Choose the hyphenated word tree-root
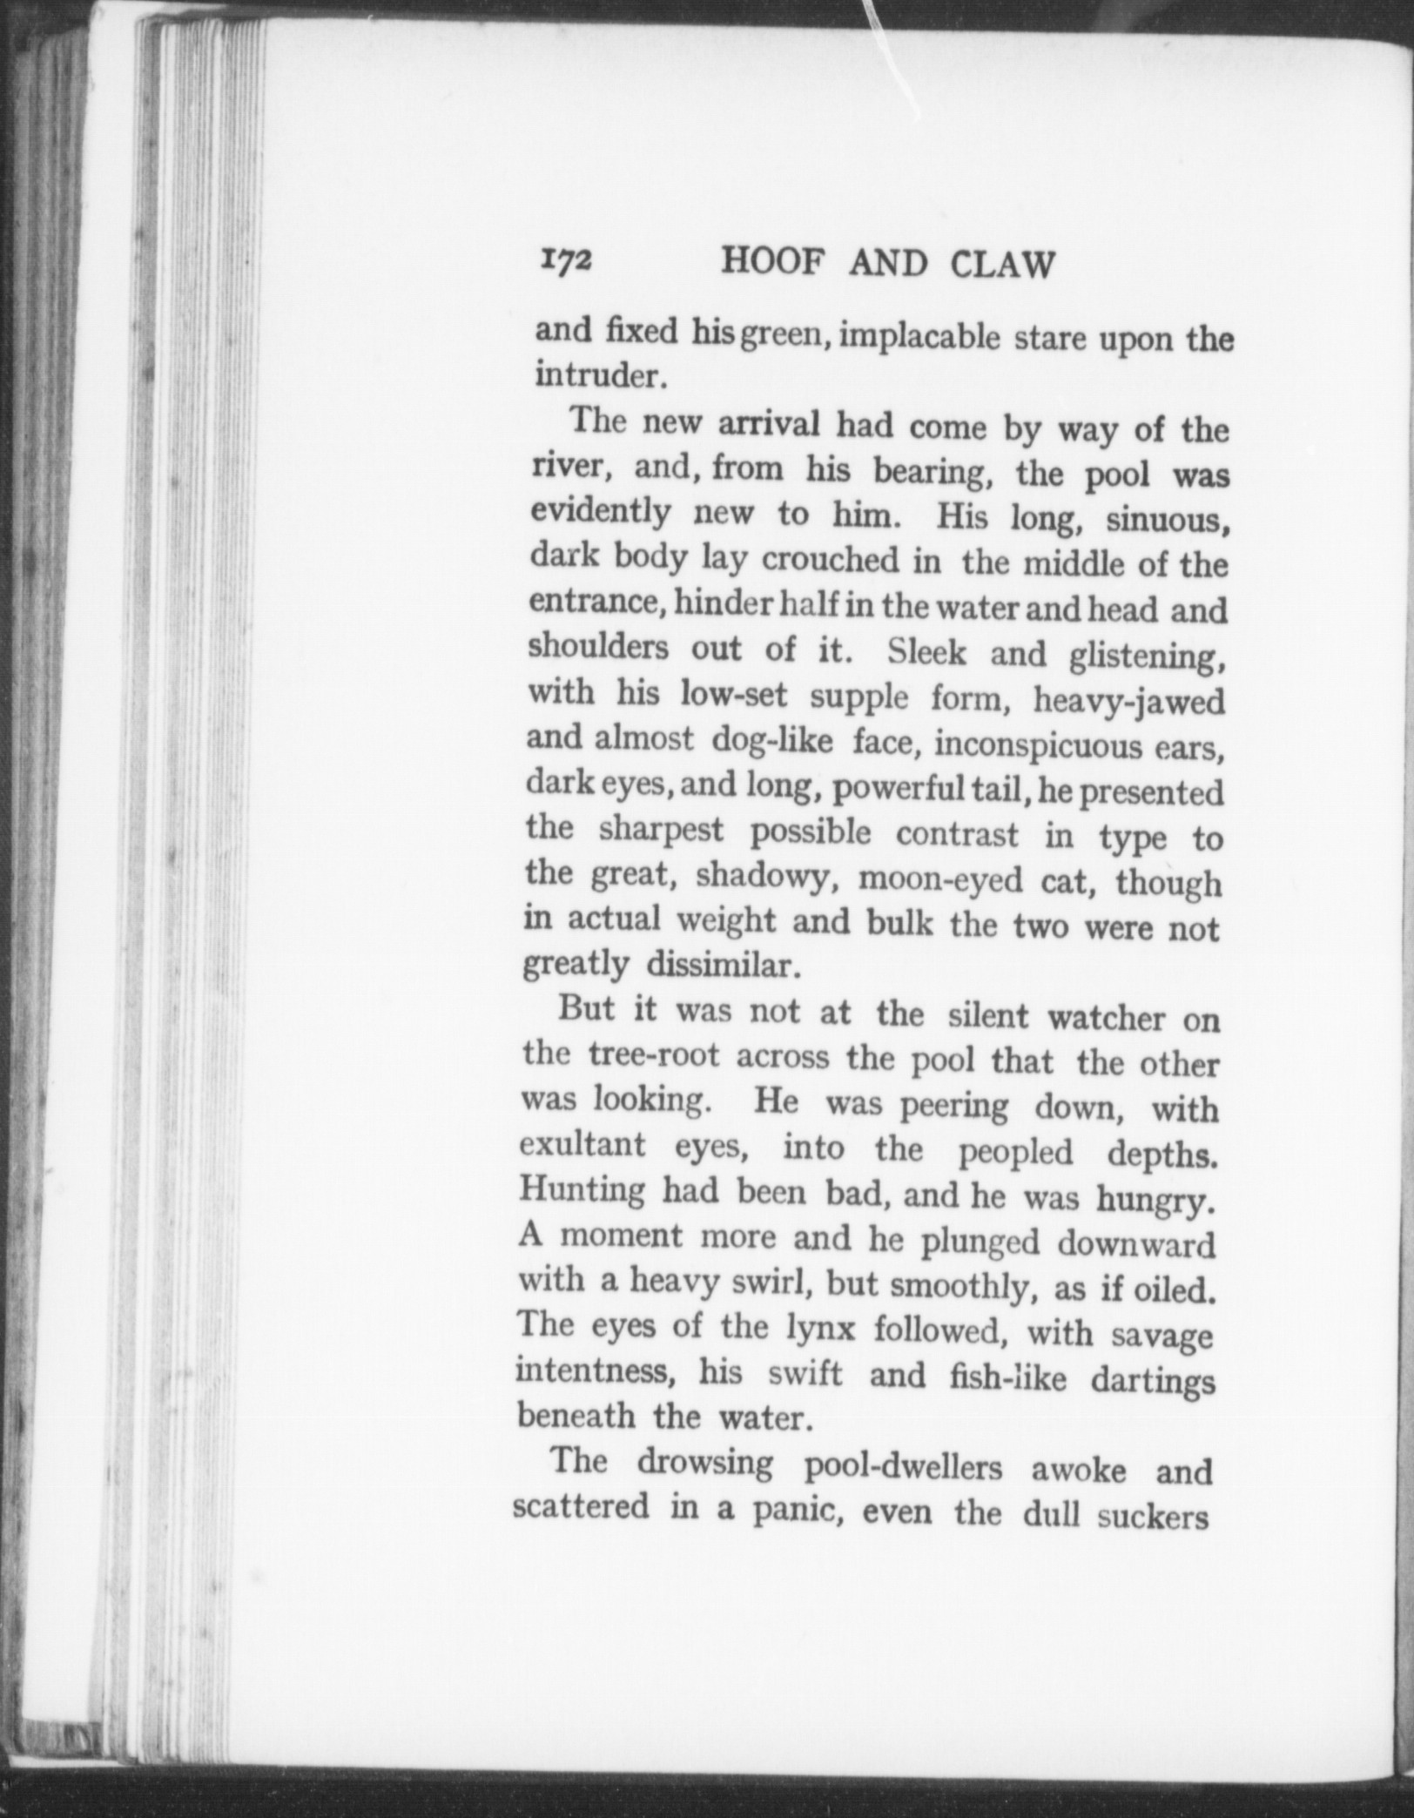(x=654, y=1056)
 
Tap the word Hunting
(x=582, y=1191)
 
